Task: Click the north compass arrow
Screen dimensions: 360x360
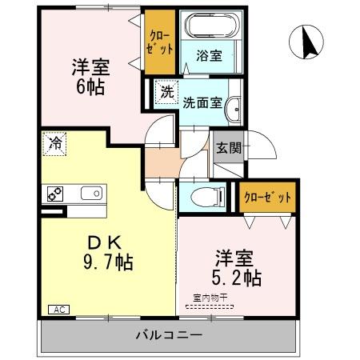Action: [307, 42]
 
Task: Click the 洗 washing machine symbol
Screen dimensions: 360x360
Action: [166, 91]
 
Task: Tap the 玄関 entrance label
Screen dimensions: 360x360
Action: [227, 148]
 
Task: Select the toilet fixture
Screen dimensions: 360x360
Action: [207, 195]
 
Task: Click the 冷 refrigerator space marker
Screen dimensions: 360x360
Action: [55, 144]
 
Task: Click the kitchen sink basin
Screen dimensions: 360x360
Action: [90, 193]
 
